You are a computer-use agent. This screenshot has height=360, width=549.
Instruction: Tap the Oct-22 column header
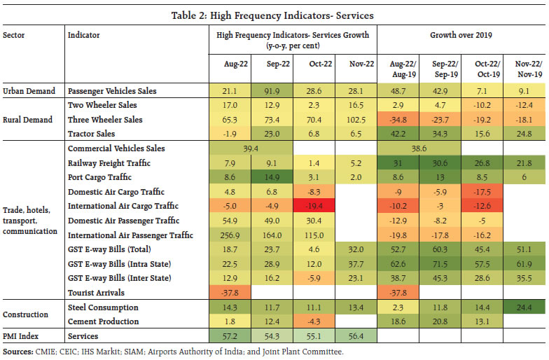[312, 64]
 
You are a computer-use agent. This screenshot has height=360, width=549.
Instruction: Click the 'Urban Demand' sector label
[29, 91]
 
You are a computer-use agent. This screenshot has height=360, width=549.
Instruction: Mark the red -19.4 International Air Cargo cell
[312, 206]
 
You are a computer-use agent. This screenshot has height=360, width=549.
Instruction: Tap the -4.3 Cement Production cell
[312, 321]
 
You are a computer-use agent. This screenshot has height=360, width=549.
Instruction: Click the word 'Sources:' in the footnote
[20, 352]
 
